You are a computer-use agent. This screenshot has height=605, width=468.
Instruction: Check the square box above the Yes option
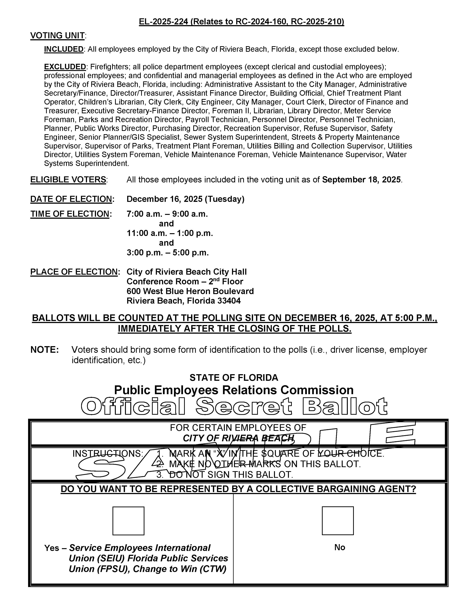tap(128, 521)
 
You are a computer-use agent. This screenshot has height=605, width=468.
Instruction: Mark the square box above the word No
tap(338, 521)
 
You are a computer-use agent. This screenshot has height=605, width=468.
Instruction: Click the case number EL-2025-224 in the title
tap(163, 22)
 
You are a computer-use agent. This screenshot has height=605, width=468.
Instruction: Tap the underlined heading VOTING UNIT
tap(57, 36)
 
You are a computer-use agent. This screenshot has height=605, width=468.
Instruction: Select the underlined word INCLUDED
tap(64, 49)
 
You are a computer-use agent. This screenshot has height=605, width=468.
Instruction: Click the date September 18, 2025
tap(362, 180)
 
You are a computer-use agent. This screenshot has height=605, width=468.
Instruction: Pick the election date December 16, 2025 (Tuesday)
tap(186, 199)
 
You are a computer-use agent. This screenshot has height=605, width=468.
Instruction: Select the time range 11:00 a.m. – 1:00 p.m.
tap(170, 233)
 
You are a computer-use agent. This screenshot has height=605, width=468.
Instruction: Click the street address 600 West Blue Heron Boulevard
tap(190, 291)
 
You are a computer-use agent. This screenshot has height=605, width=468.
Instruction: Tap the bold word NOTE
tap(44, 350)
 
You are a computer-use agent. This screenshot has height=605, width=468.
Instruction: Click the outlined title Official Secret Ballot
tap(234, 406)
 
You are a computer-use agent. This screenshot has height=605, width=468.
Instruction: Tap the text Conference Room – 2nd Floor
tap(185, 281)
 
